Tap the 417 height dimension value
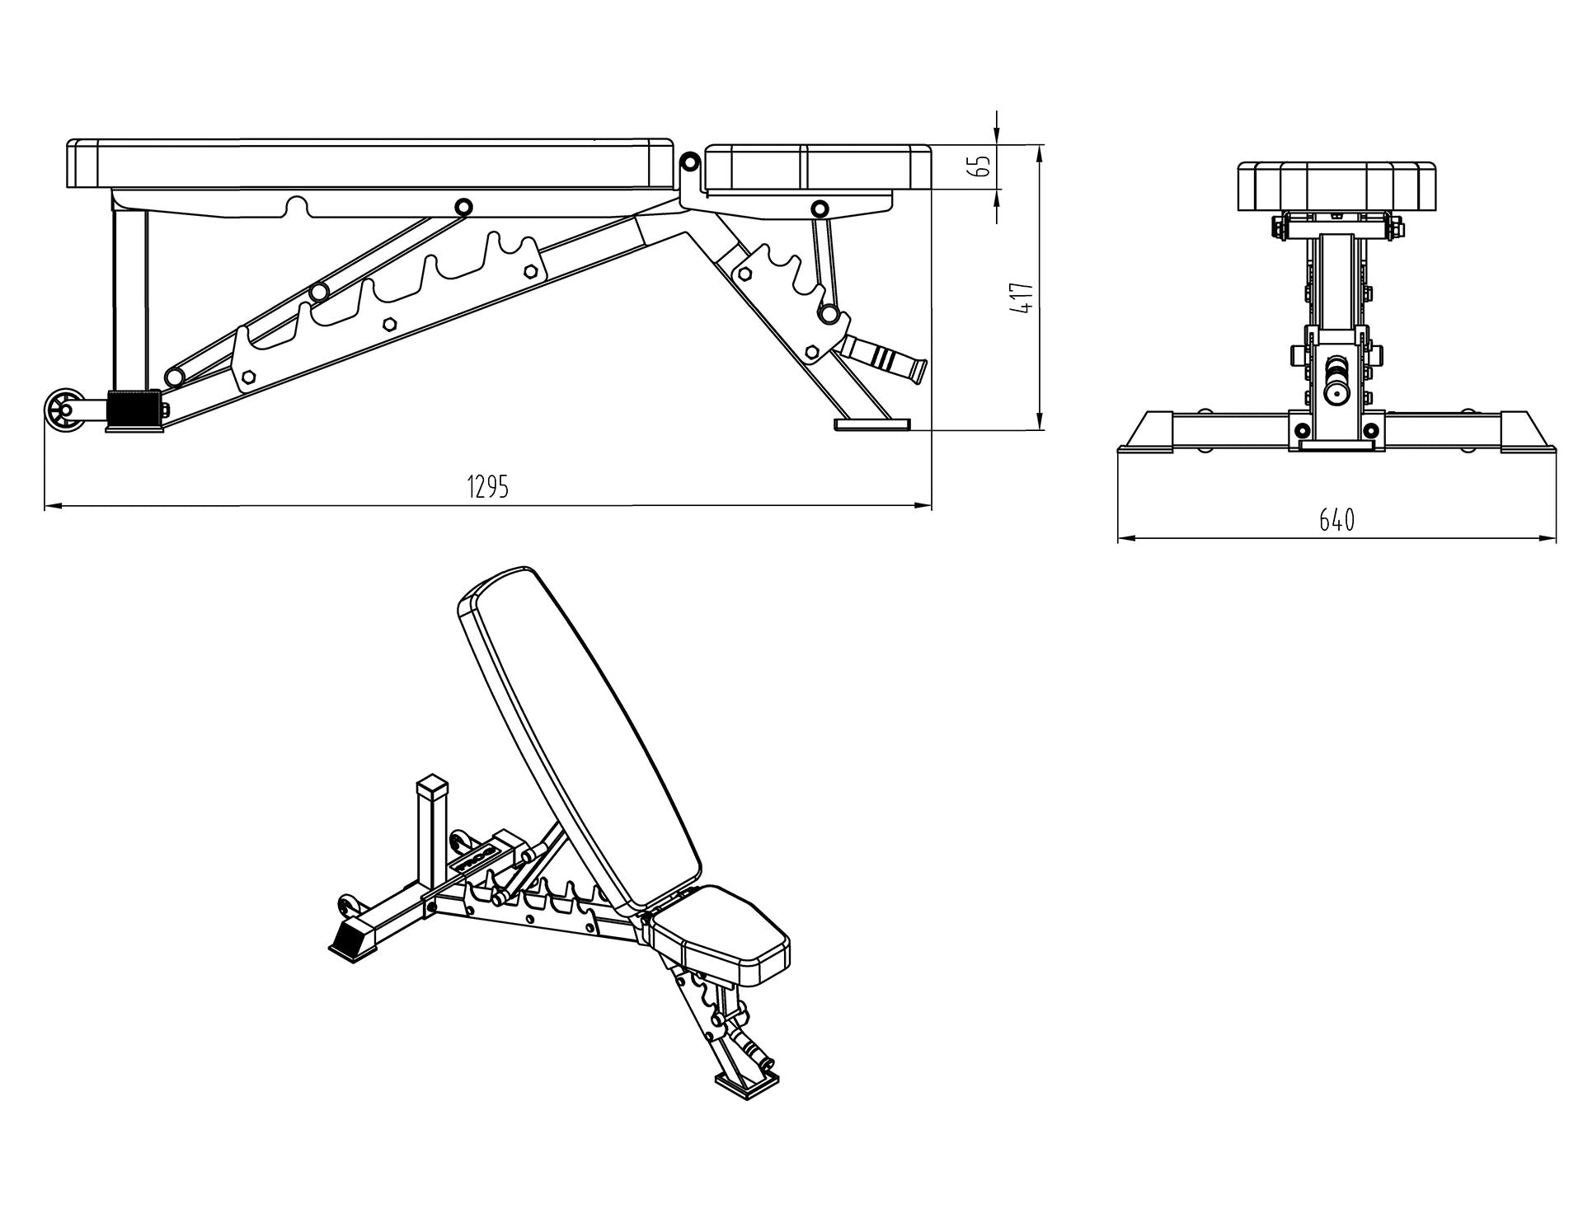(x=1024, y=297)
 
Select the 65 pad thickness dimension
(x=981, y=166)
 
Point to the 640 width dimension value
(x=1336, y=520)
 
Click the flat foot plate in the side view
(x=872, y=424)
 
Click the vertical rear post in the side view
(x=129, y=301)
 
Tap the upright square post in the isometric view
(x=433, y=832)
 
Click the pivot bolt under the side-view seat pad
(x=819, y=207)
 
